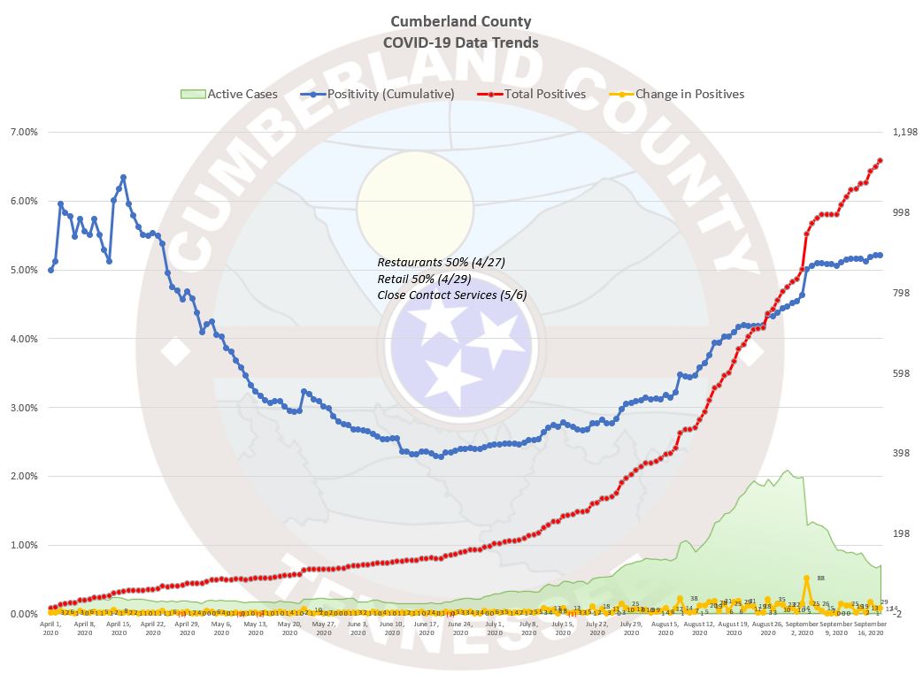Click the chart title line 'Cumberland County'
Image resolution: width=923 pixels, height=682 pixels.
click(460, 21)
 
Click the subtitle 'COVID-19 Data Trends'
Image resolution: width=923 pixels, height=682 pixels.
click(460, 42)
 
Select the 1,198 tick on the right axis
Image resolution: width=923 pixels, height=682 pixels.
click(903, 132)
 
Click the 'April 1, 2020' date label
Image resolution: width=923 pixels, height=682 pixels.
click(50, 628)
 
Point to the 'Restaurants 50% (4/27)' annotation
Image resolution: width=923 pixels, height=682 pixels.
click(441, 263)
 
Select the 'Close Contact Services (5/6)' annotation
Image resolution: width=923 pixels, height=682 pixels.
click(451, 295)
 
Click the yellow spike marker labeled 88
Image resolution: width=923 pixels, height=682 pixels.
click(806, 579)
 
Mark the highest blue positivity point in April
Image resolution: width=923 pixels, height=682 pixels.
click(123, 177)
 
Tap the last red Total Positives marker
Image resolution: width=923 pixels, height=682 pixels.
click(880, 160)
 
